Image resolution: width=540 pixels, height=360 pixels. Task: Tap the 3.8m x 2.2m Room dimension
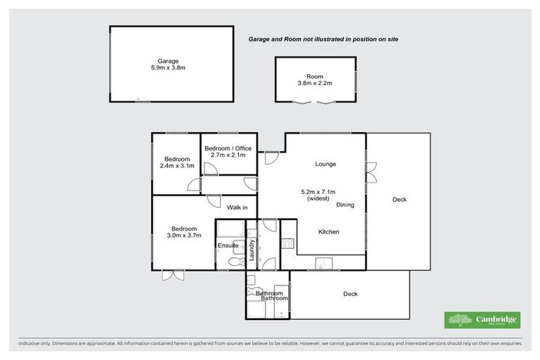tap(314, 84)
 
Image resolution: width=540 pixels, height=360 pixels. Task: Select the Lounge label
tap(326, 164)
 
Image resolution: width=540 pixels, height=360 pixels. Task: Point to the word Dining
tap(345, 205)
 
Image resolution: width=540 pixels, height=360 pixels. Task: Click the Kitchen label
tap(329, 231)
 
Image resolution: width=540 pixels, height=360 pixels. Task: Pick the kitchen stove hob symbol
tap(288, 244)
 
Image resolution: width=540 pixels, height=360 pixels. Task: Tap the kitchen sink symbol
tap(321, 264)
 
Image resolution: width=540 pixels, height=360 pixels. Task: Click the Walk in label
tap(237, 207)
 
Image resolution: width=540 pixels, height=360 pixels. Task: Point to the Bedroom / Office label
tap(228, 148)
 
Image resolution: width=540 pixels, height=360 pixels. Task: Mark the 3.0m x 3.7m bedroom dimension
tap(184, 235)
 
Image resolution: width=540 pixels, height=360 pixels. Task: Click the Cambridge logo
tap(482, 320)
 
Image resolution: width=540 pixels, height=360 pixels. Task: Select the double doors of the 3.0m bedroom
tap(173, 275)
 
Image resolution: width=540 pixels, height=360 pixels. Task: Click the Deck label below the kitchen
tap(350, 294)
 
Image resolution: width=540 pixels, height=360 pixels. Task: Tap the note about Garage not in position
tap(323, 39)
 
